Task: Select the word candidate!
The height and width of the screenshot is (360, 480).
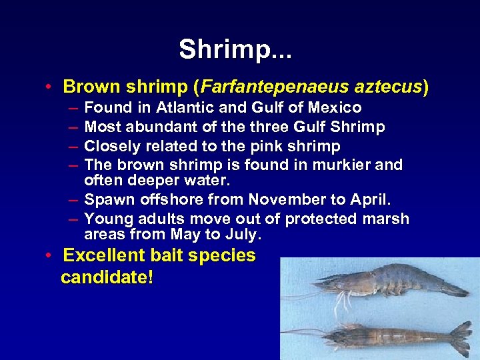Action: pyautogui.click(x=107, y=277)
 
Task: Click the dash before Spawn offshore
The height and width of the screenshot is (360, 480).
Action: pyautogui.click(x=71, y=199)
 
